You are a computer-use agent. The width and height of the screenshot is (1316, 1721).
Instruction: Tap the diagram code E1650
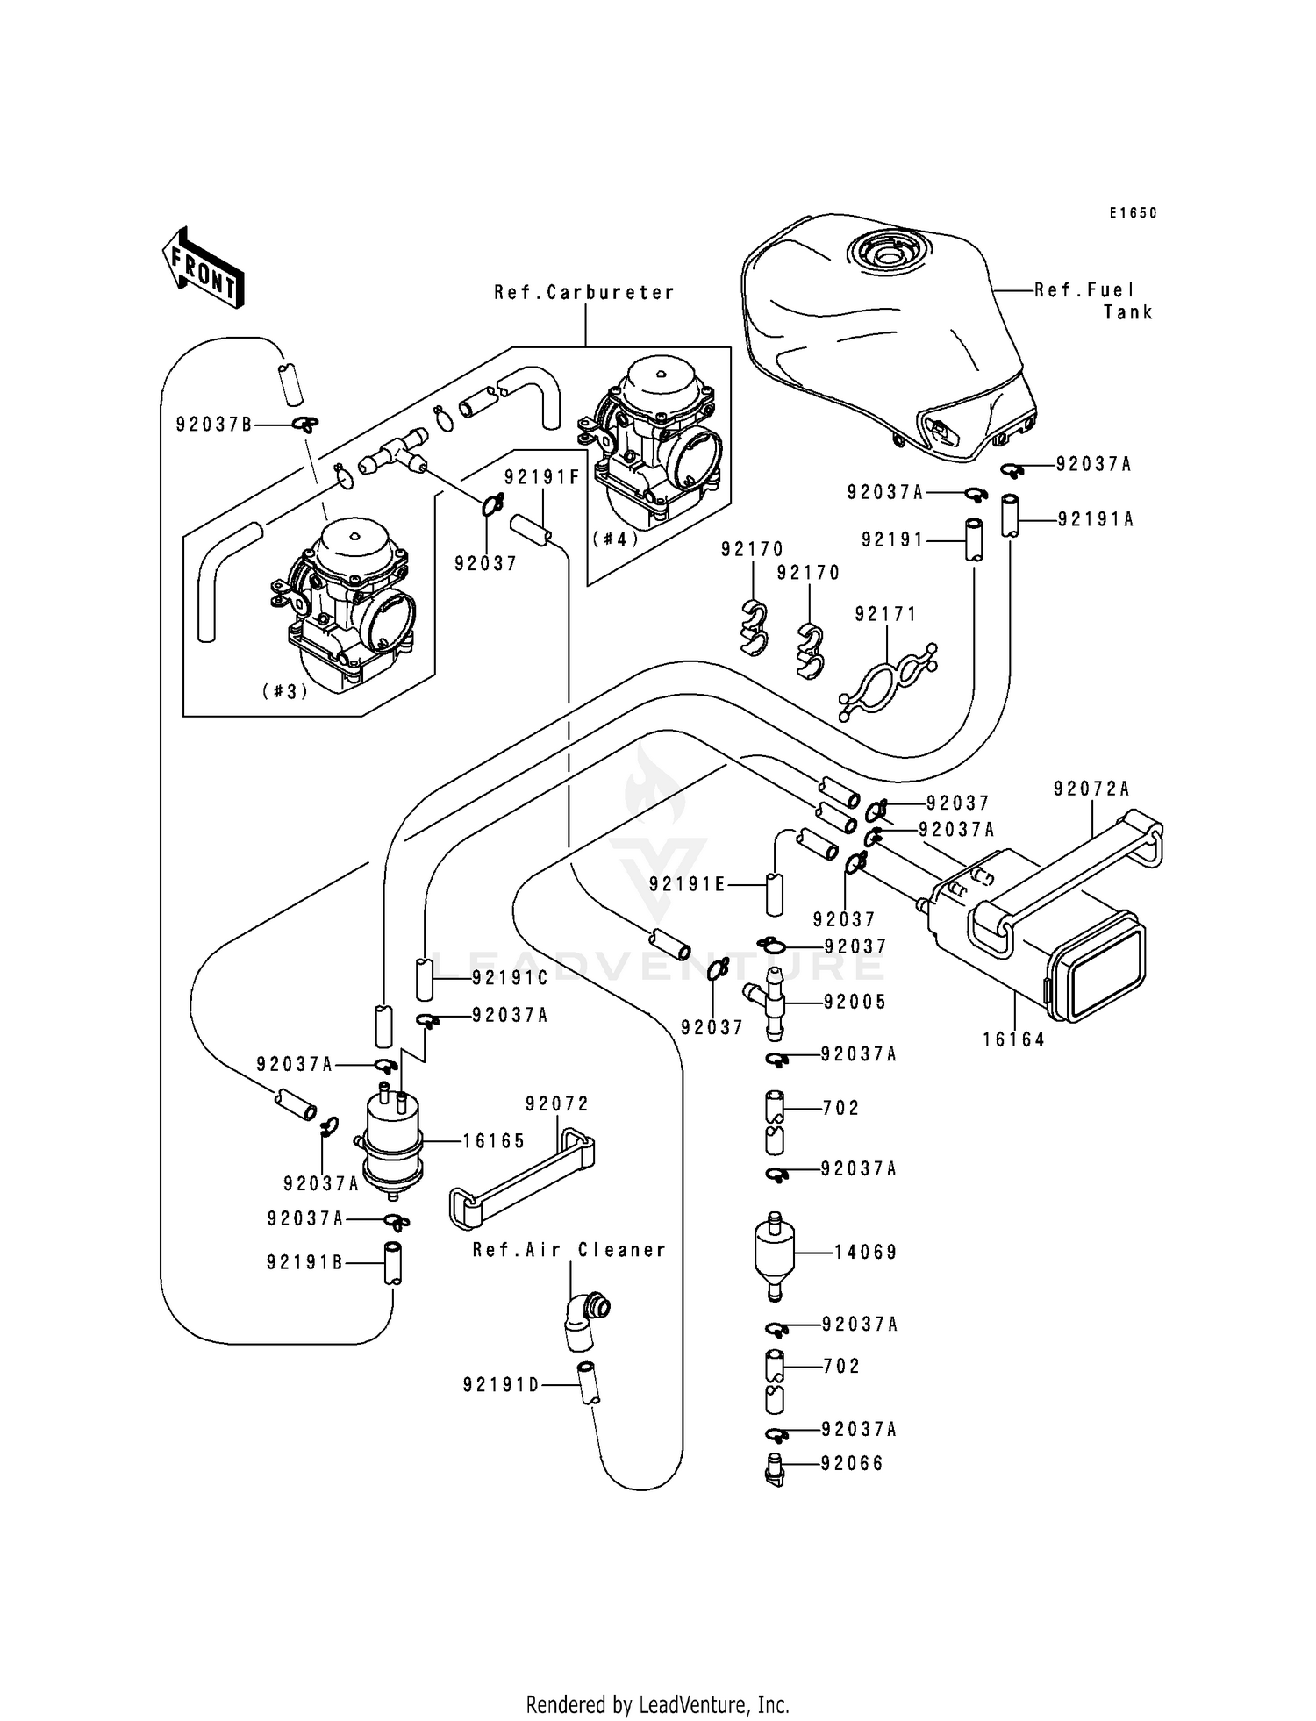click(1133, 213)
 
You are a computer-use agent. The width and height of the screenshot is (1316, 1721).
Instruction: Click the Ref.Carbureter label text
click(584, 293)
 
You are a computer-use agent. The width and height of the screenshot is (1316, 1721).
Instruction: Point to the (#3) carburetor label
click(285, 691)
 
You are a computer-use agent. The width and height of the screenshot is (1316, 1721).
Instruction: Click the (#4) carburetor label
click(615, 539)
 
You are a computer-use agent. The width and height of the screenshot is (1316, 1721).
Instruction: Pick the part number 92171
click(885, 615)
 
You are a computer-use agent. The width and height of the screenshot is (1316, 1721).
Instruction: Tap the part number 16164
click(1013, 1039)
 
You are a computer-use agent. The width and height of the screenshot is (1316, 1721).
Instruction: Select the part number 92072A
click(1091, 789)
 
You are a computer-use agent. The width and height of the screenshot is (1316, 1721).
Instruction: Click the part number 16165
click(493, 1140)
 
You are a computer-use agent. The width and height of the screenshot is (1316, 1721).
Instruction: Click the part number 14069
click(865, 1252)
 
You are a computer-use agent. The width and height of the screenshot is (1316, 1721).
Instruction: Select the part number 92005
click(855, 1002)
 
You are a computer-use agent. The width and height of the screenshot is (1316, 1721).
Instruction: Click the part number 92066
click(852, 1463)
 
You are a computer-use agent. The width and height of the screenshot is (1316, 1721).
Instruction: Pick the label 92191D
click(501, 1384)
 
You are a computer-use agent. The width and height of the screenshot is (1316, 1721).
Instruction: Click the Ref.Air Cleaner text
click(569, 1250)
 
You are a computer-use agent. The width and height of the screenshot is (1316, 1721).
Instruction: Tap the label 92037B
click(214, 425)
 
